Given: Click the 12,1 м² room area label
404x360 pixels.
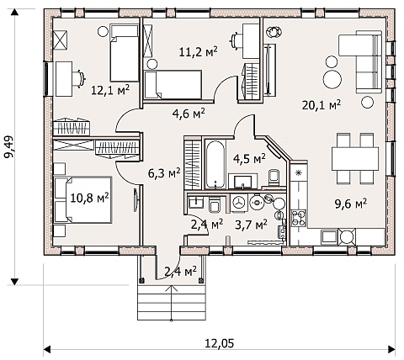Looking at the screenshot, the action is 110,90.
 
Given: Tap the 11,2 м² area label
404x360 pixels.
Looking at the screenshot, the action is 199,51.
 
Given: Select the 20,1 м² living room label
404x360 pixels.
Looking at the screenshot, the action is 322,105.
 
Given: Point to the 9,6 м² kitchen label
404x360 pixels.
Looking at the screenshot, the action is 351,204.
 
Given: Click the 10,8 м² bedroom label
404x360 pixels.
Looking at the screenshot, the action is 89,198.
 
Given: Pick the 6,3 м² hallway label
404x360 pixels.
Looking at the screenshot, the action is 164,173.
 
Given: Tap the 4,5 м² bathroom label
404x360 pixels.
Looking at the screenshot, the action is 249,159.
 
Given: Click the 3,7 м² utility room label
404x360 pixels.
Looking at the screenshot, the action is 251,225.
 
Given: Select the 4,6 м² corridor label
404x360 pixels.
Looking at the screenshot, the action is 189,114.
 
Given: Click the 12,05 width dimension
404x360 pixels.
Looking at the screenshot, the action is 220,343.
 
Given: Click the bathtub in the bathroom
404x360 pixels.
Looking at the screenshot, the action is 215,164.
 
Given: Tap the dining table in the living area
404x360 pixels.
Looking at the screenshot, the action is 355,159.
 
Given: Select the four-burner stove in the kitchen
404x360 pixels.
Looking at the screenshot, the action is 298,218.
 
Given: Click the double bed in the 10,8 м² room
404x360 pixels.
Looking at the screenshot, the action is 82,199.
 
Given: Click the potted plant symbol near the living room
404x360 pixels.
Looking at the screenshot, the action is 274,31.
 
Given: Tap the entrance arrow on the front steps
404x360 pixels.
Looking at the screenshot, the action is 172,303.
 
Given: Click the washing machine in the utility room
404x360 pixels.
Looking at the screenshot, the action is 239,204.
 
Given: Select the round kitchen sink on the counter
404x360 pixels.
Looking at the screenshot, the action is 347,236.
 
